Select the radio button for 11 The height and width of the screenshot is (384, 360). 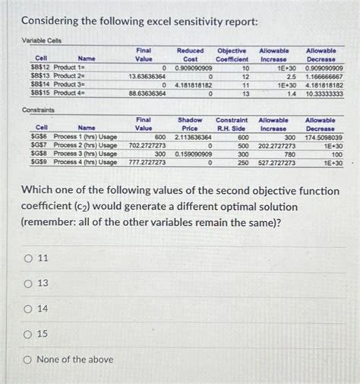tap(27, 259)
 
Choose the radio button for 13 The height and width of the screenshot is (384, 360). tap(27, 284)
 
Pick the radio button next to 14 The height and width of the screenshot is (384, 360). tap(27, 309)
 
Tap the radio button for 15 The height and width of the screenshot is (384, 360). tap(27, 334)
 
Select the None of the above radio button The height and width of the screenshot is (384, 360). tap(27, 359)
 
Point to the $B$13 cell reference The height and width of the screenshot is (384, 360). tap(43, 77)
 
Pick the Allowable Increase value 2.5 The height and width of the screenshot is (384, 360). tap(290, 77)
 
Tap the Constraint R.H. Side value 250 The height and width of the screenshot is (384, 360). tap(243, 162)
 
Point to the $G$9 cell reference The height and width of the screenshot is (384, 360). tap(42, 162)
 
